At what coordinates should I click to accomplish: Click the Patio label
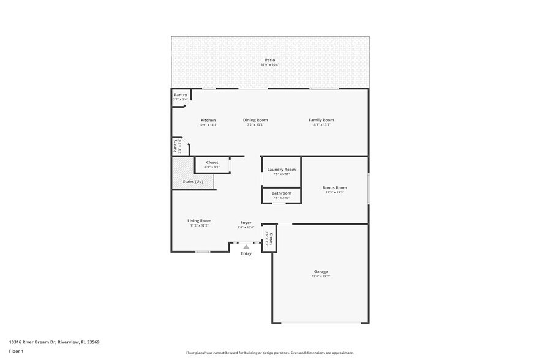tap(269, 59)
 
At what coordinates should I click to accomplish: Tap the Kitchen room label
tap(208, 120)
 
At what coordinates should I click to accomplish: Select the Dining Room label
tap(255, 120)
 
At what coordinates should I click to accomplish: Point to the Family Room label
tap(321, 120)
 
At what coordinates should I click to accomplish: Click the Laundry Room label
tap(282, 170)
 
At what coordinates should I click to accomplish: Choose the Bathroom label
tap(282, 193)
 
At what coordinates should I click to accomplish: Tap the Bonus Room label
tap(335, 187)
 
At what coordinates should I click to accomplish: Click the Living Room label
tap(199, 221)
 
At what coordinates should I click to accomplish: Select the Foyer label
tap(246, 223)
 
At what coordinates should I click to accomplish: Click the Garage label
tap(321, 272)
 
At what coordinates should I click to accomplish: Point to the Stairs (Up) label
tap(193, 182)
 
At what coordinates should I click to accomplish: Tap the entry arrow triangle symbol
tap(246, 246)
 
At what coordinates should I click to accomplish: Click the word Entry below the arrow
tap(246, 253)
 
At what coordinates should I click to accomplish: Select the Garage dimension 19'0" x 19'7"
tap(321, 277)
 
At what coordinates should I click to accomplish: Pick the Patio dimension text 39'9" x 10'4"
tap(269, 64)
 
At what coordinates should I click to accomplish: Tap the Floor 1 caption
tap(16, 351)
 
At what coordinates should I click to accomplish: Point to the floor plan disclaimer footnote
tap(269, 353)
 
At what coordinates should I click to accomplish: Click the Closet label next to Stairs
tap(212, 162)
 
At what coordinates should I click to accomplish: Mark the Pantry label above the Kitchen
tap(180, 95)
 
